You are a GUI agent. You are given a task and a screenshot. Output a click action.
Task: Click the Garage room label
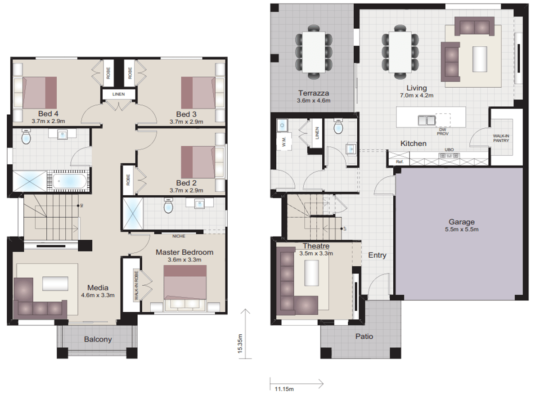click(461, 222)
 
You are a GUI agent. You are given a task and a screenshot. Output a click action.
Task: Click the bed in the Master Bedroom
click(185, 288)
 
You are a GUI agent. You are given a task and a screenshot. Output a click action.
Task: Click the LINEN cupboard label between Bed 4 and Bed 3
click(119, 94)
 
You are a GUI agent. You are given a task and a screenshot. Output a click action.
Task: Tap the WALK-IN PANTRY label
click(500, 138)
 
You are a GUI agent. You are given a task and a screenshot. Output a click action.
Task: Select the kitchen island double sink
click(426, 120)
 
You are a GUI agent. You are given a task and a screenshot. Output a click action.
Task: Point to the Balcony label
click(98, 339)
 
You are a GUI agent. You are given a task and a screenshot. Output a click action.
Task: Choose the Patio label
click(364, 336)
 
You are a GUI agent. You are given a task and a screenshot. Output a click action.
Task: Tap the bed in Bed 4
click(40, 93)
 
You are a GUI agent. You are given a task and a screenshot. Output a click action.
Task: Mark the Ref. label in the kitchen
click(399, 162)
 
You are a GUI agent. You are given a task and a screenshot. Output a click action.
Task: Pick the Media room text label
click(98, 288)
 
